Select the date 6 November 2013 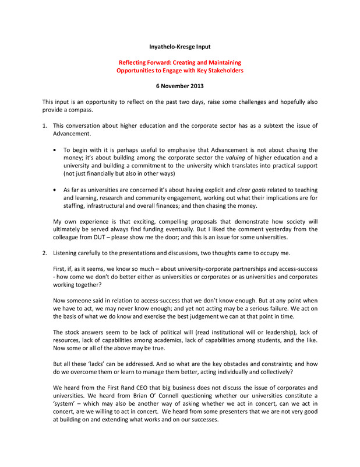click(180, 86)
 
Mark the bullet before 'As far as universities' click(55, 190)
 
